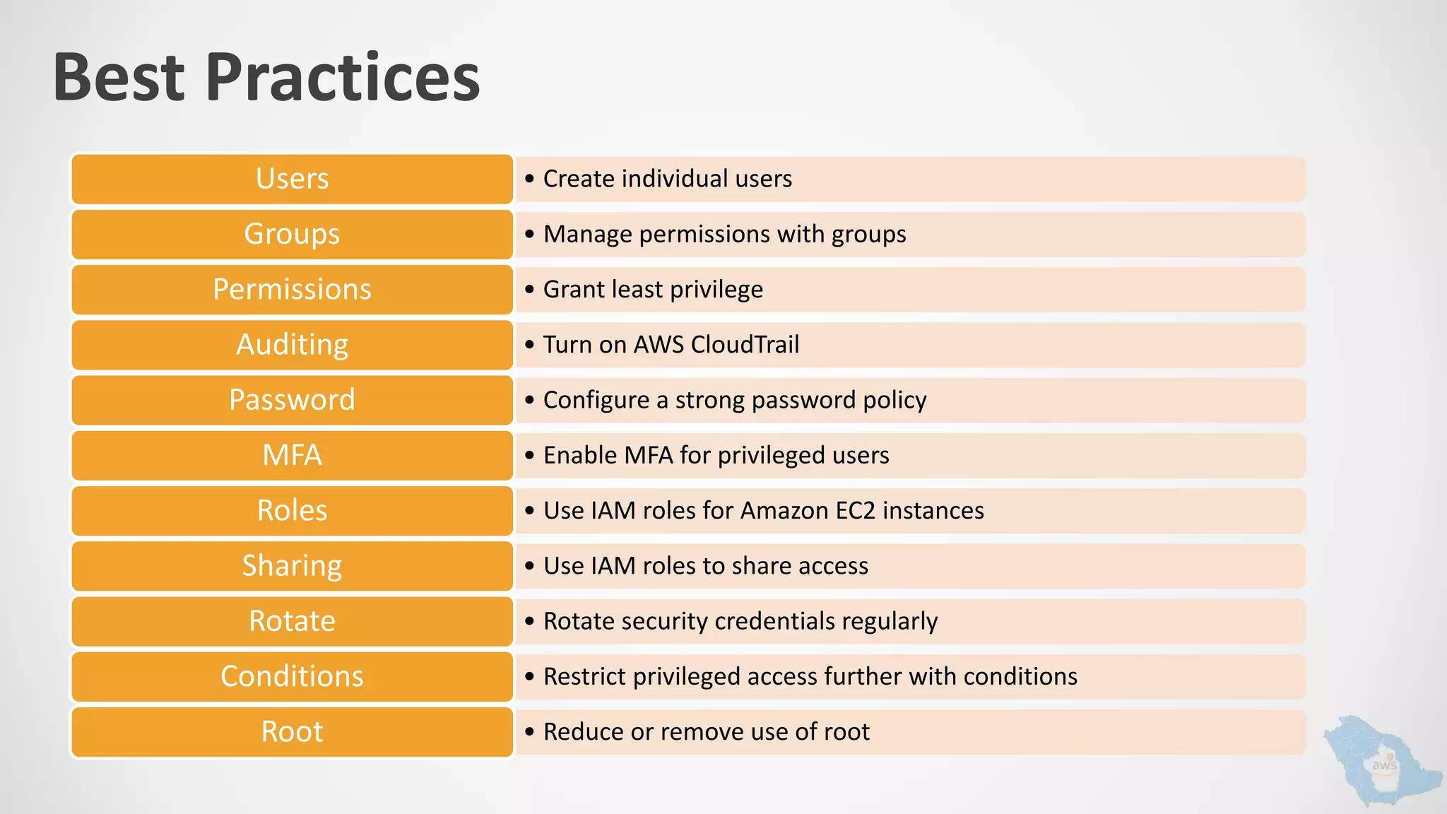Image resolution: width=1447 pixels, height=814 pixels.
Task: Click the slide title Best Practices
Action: (266, 77)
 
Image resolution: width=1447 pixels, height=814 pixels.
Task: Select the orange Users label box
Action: (292, 179)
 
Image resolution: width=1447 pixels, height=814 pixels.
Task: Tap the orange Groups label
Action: (292, 234)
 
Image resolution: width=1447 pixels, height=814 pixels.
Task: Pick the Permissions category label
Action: (292, 289)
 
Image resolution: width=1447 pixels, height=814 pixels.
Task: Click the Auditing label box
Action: (292, 345)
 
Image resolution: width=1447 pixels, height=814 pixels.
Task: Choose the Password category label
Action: (292, 400)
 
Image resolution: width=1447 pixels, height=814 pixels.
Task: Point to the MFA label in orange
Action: (292, 455)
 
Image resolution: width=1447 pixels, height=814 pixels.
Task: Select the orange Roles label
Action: (292, 510)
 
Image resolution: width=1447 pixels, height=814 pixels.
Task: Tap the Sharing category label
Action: (292, 565)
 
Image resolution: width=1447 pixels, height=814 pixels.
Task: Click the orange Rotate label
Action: (292, 621)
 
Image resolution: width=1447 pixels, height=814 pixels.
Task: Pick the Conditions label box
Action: (292, 676)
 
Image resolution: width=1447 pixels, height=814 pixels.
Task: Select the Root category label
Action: (292, 731)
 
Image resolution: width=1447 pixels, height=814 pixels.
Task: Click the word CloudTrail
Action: (745, 345)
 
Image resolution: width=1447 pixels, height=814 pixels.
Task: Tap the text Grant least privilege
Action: (653, 290)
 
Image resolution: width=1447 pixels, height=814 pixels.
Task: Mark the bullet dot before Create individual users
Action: (530, 179)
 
